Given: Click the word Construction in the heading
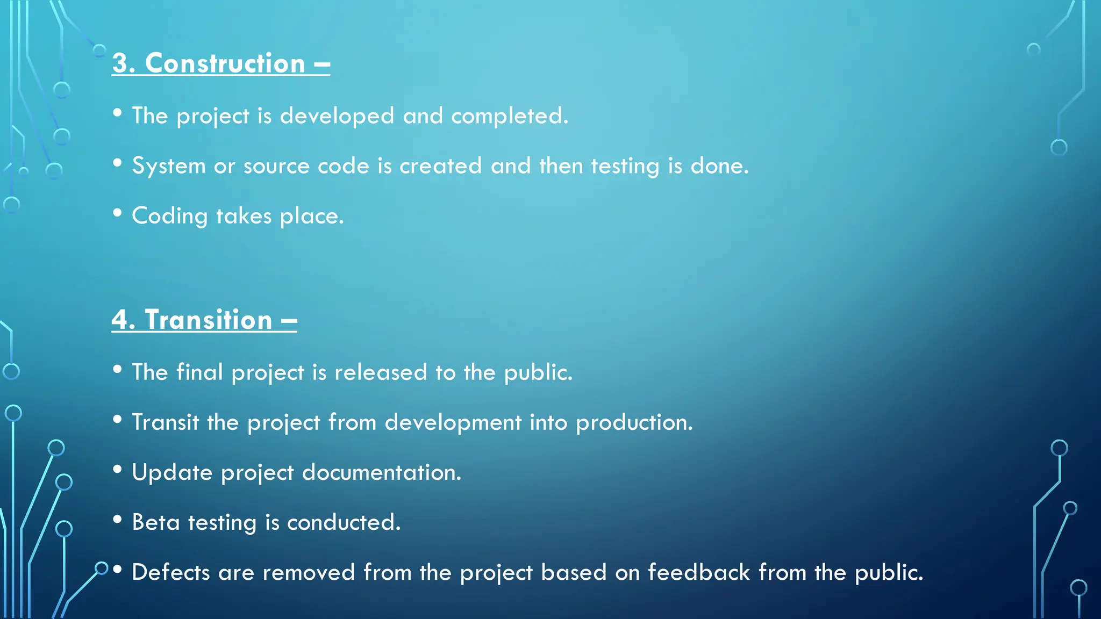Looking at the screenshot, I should (x=225, y=63).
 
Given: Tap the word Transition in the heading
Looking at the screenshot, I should (x=208, y=320).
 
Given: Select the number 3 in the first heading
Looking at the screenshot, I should (x=120, y=63).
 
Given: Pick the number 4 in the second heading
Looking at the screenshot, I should (x=120, y=320).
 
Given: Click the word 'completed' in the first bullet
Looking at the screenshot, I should (x=509, y=116).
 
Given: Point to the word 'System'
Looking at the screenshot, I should (x=169, y=165).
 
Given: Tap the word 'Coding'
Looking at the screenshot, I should (x=169, y=216).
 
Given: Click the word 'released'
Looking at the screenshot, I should (x=381, y=372).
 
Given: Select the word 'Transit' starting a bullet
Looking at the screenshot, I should (x=165, y=422).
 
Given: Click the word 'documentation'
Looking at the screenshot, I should (x=381, y=472).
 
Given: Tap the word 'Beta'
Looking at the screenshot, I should (x=155, y=522).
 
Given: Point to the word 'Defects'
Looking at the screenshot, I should (x=170, y=572).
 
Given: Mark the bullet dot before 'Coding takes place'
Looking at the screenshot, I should (x=118, y=213).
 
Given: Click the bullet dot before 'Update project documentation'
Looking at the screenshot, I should (x=118, y=469).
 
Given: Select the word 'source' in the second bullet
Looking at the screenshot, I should (x=276, y=166).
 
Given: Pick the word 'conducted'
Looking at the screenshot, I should (x=344, y=522).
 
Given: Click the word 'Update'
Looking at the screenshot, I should (x=172, y=472).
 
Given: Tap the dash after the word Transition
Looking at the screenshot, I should (x=289, y=321).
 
